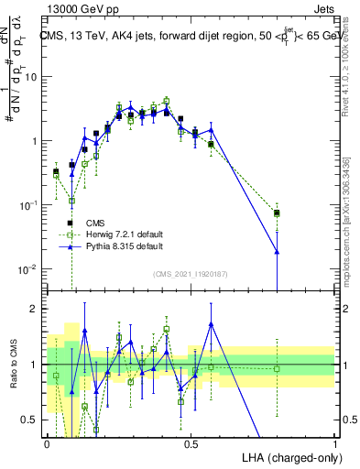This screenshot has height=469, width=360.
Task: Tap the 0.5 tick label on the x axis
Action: [191, 443]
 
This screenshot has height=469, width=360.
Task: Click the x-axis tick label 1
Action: [334, 443]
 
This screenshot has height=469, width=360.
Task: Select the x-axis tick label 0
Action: [47, 443]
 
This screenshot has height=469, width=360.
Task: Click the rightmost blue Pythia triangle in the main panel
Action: [277, 251]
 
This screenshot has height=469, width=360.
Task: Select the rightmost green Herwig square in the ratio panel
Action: [277, 369]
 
